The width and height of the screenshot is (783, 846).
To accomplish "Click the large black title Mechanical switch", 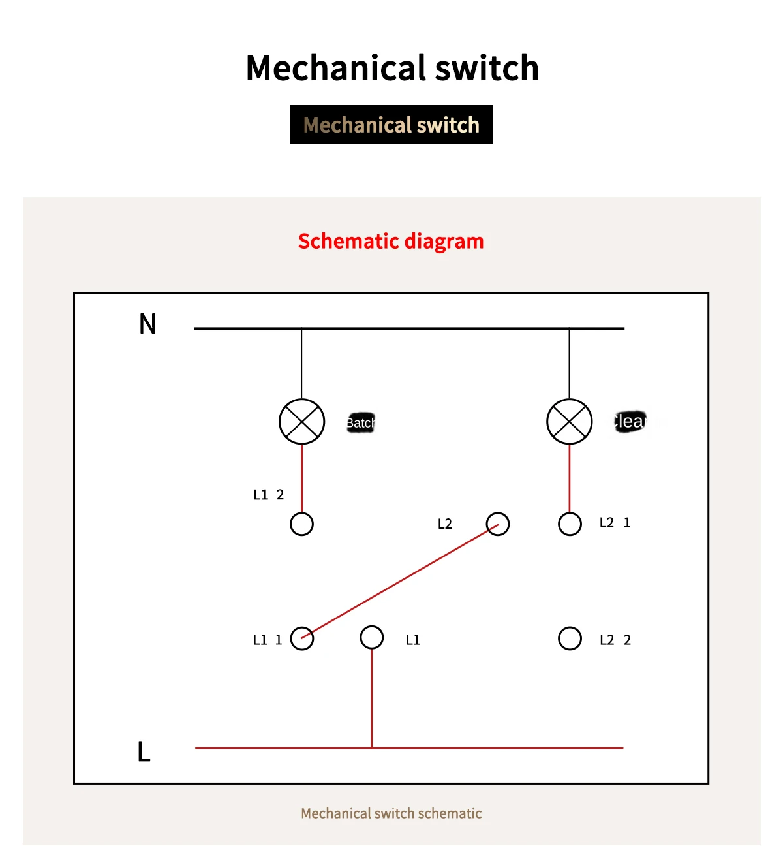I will point(392,68).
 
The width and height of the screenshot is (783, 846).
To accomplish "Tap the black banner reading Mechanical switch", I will point(391,125).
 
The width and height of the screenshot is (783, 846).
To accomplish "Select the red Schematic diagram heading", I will point(391,242).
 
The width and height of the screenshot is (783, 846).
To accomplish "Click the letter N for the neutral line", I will point(147,324).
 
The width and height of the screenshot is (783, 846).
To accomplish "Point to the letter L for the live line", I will point(144,751).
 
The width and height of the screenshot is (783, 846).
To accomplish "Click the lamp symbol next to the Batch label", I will point(301,422).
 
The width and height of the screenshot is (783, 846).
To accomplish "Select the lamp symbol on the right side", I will point(569,422).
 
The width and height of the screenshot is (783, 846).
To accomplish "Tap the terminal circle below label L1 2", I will point(301,524).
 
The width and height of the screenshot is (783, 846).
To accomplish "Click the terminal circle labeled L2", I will point(497,524).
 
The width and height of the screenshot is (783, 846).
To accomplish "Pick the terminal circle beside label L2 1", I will point(570,524).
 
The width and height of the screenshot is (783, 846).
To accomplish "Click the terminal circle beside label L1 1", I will point(301,638).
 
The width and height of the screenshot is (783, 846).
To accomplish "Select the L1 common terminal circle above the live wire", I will point(371,637).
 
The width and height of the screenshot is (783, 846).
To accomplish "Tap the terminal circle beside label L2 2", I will point(570,638).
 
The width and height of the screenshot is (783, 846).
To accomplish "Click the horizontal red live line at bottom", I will point(496,747).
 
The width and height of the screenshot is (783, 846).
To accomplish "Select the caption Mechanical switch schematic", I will point(391,813).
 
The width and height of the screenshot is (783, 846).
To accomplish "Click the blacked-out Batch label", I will point(360,423).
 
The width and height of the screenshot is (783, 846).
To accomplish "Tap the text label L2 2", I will point(615,640).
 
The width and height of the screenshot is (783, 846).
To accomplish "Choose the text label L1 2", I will point(268,495).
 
